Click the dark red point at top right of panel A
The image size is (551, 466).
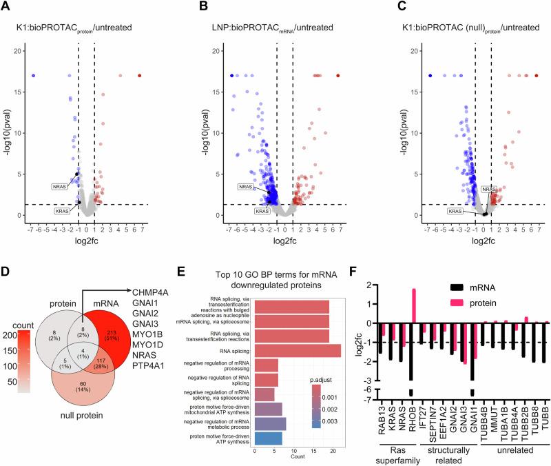[139, 75]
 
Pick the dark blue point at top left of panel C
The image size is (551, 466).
[430, 75]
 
